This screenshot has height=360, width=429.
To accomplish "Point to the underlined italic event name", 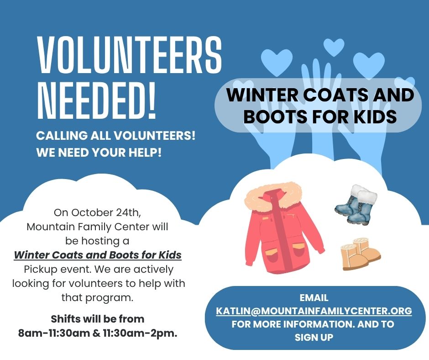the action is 98,255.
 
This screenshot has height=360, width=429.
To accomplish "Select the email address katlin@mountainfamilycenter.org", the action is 314,311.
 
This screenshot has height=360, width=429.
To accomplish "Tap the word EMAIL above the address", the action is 314,298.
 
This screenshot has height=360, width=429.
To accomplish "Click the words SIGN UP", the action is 314,337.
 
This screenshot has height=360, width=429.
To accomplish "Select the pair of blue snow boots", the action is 356,204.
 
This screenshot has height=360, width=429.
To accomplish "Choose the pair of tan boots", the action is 361,254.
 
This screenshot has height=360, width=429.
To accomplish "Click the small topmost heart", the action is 334,47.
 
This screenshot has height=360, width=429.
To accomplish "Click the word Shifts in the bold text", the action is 65,319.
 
